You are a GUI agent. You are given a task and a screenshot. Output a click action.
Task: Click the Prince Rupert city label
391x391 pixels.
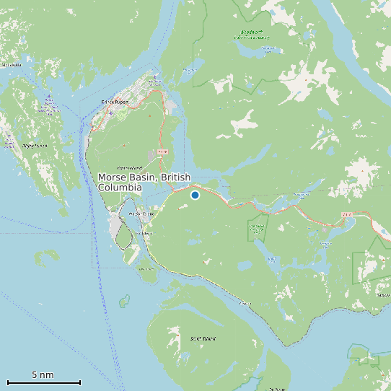[x=115, y=102]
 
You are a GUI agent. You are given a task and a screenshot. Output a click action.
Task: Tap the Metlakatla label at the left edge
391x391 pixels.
[x=12, y=65]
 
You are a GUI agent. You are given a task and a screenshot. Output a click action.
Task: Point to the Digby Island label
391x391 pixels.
[x=35, y=146]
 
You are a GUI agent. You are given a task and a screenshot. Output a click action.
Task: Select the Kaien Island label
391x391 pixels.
[x=129, y=168]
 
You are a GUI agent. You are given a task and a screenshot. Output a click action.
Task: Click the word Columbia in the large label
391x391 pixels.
[x=120, y=188]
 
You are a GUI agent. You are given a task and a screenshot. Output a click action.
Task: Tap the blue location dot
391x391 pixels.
[x=195, y=195]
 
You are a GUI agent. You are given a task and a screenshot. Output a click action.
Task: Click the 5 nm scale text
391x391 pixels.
[x=43, y=375]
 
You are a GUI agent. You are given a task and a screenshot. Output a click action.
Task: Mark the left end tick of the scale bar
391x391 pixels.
[x=7, y=382]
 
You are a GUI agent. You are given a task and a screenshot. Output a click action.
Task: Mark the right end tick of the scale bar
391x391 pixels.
[x=80, y=382]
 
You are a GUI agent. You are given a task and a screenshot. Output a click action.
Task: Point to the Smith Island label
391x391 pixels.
[x=203, y=338]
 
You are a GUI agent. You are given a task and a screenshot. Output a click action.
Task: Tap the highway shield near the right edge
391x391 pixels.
[x=346, y=214]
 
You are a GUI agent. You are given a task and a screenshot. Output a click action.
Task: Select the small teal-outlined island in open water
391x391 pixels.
[x=124, y=299]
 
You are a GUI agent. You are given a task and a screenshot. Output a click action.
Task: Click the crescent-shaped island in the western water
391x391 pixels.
[x=49, y=256]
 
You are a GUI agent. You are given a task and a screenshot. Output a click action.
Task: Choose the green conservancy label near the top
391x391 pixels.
[x=252, y=33]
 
